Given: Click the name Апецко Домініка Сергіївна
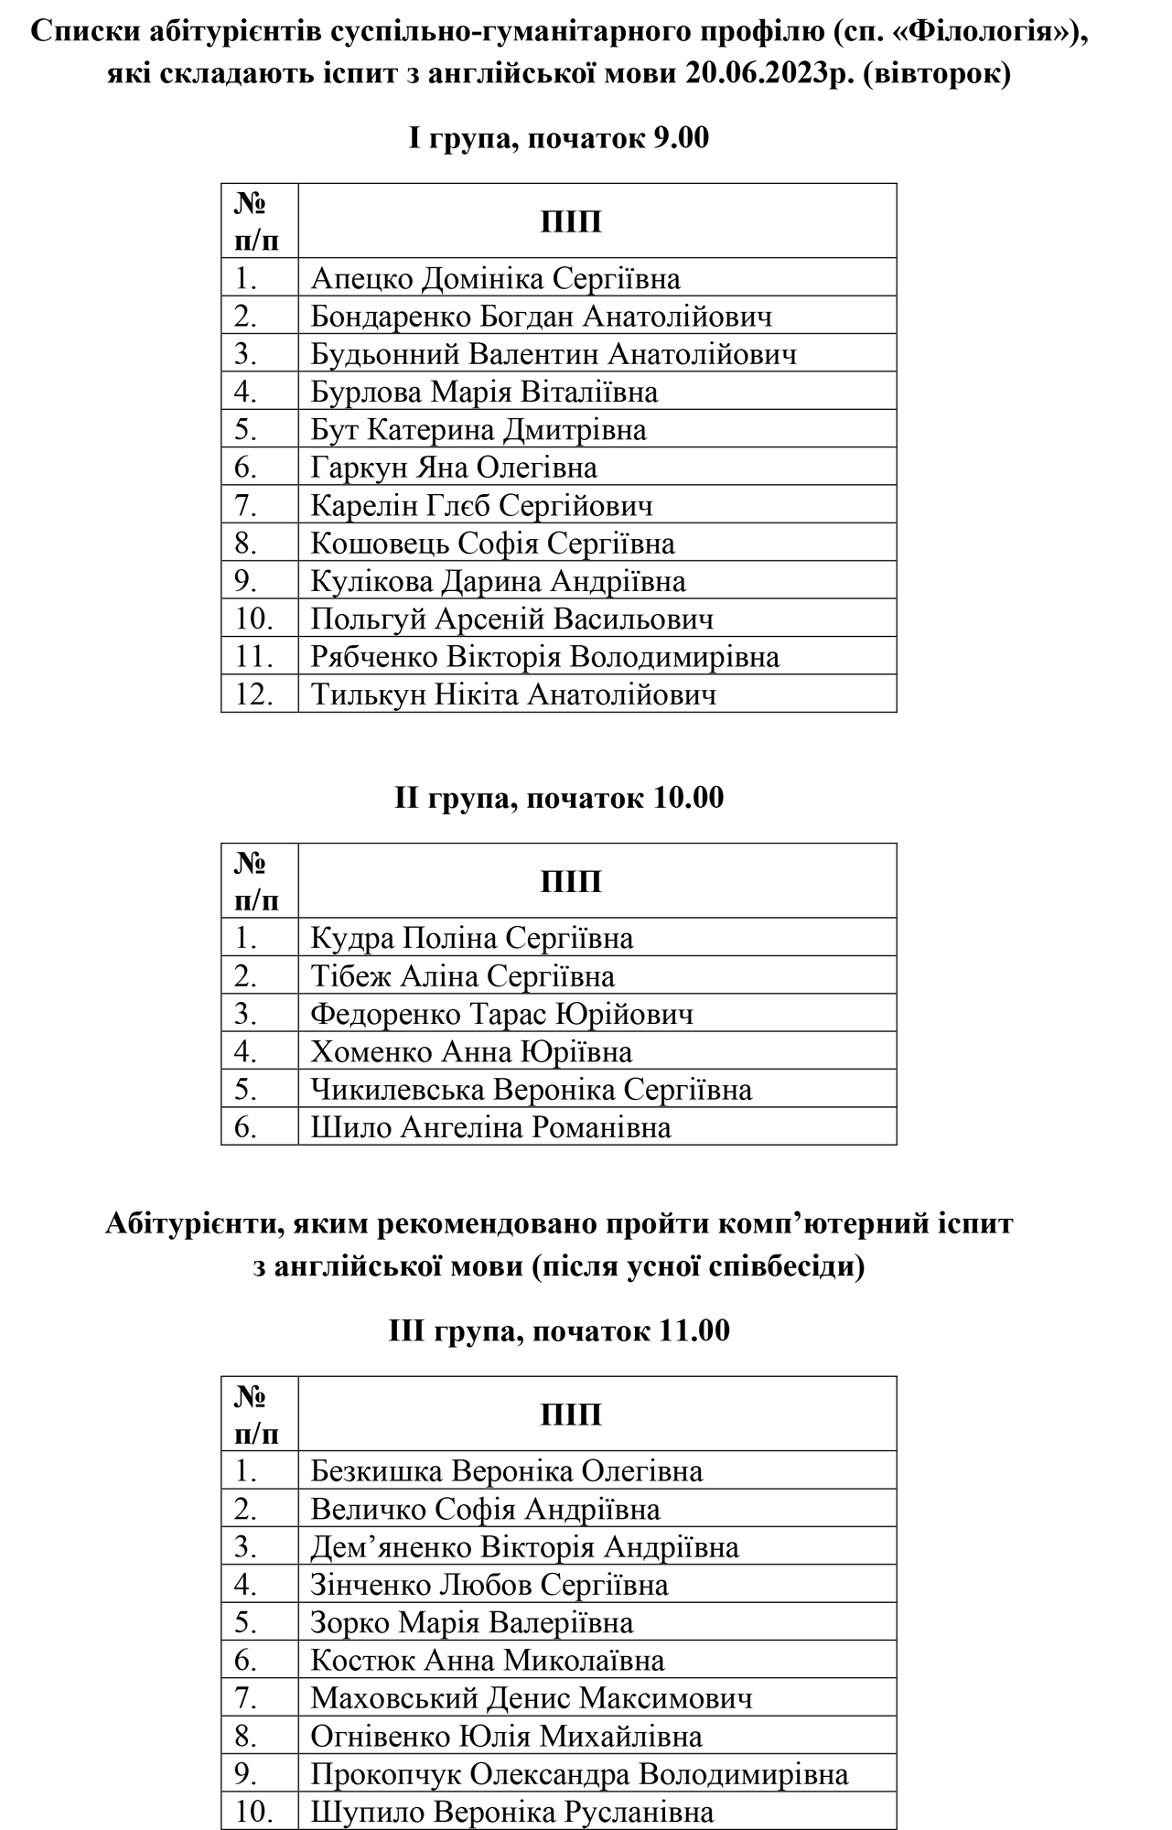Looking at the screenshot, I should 495,278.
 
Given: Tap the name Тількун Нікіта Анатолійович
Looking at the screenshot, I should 513,694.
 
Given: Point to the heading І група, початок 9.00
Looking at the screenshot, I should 558,138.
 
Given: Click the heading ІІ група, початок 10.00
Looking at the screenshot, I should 558,798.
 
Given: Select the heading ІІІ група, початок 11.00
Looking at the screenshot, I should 558,1330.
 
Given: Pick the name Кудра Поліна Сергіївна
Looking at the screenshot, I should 471,938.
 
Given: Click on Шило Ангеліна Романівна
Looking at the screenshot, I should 490,1127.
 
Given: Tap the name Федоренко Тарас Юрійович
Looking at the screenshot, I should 501,1014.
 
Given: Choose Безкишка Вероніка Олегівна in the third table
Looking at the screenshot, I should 506,1470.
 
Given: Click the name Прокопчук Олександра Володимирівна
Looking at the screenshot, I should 579,1773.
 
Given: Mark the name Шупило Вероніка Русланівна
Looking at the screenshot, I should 511,1812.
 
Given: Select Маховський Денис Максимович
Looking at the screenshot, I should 531,1698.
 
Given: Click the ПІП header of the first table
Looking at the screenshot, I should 571,222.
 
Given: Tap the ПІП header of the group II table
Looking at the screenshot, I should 571,881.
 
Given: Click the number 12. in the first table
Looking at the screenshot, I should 254,694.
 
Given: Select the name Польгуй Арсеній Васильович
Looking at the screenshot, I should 511,619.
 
